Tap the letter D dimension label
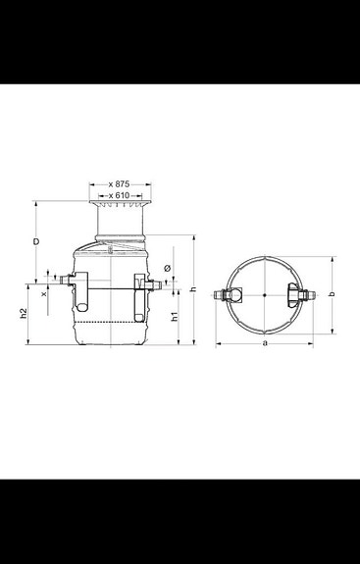[35, 240]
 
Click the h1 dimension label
[174, 317]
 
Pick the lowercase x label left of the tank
[44, 292]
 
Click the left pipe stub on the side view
[68, 282]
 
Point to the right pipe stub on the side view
[155, 283]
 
